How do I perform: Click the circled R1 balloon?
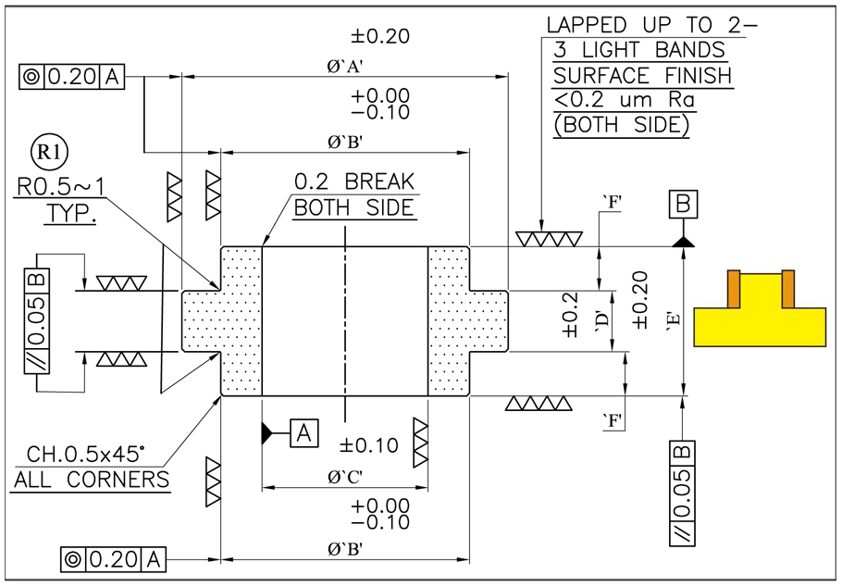(x=49, y=153)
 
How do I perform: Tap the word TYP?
(x=70, y=213)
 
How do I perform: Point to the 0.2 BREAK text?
(x=354, y=181)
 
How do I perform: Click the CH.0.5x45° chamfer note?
(x=86, y=455)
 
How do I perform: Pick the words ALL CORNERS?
(x=92, y=480)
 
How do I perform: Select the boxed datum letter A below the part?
(x=303, y=432)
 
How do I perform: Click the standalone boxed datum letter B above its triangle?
(x=683, y=204)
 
